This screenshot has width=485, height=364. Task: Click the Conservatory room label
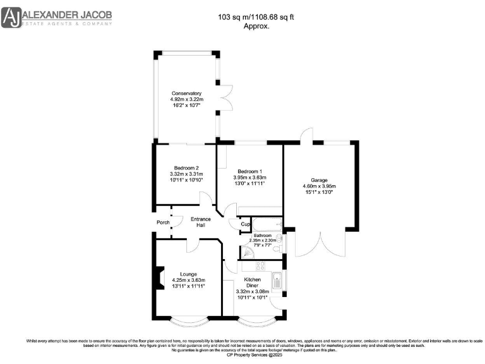186,93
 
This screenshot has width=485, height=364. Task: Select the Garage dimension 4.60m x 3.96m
320,186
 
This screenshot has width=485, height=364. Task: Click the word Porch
163,222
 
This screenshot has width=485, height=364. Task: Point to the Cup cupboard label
246,224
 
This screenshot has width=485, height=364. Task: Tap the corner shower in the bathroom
249,252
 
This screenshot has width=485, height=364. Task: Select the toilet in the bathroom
280,240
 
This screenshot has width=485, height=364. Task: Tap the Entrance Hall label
201,222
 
